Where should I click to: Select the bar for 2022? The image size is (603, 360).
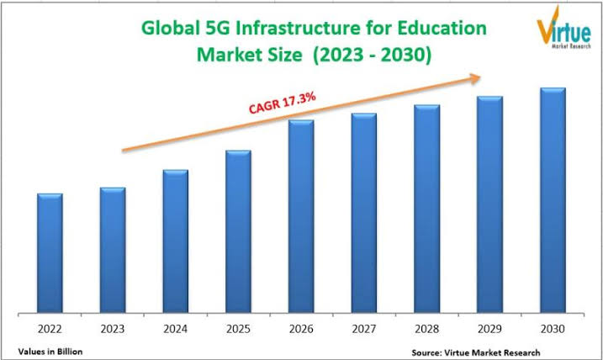(x=50, y=251)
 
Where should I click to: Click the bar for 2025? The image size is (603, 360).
(x=238, y=230)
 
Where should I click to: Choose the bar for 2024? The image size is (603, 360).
(x=175, y=240)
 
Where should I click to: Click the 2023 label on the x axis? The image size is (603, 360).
(x=113, y=329)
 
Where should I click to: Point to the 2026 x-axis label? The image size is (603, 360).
(x=301, y=329)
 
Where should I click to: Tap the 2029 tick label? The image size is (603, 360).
(x=489, y=329)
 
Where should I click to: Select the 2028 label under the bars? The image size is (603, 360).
(x=426, y=329)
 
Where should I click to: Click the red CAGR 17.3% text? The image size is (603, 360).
(x=282, y=103)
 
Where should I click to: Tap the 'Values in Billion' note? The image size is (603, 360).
(x=49, y=349)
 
